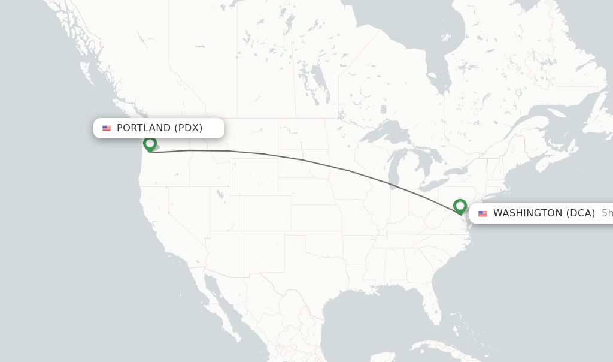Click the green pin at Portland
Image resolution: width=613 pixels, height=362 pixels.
(x=150, y=144)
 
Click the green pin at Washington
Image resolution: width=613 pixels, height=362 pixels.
(x=460, y=206)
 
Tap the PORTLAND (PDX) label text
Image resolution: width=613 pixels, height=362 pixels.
(x=159, y=128)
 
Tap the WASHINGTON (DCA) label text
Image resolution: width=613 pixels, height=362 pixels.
(x=544, y=213)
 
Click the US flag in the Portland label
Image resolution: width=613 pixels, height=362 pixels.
(x=107, y=128)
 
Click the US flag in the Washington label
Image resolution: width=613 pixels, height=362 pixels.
(x=482, y=214)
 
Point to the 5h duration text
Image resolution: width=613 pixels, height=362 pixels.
(x=606, y=213)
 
